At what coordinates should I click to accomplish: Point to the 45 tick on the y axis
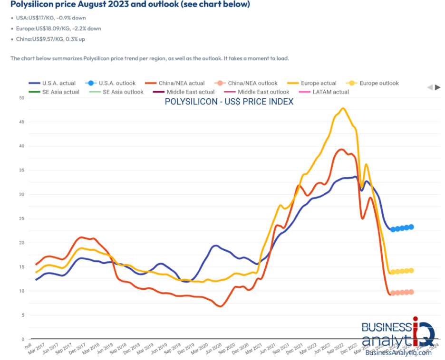pyautogui.click(x=20, y=122)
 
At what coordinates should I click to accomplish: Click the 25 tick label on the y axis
pyautogui.click(x=20, y=218)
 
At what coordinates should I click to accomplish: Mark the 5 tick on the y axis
pyautogui.click(x=22, y=315)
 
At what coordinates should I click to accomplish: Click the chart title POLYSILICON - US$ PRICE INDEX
pyautogui.click(x=229, y=102)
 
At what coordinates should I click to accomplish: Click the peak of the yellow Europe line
pyautogui.click(x=343, y=108)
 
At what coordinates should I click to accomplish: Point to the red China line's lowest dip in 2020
pyautogui.click(x=220, y=306)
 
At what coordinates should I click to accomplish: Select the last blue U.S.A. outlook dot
pyautogui.click(x=411, y=227)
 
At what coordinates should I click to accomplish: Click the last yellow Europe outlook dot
pyautogui.click(x=411, y=271)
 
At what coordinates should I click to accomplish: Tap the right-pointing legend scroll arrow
pyautogui.click(x=438, y=87)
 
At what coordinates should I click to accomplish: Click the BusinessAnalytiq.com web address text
pyautogui.click(x=398, y=352)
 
